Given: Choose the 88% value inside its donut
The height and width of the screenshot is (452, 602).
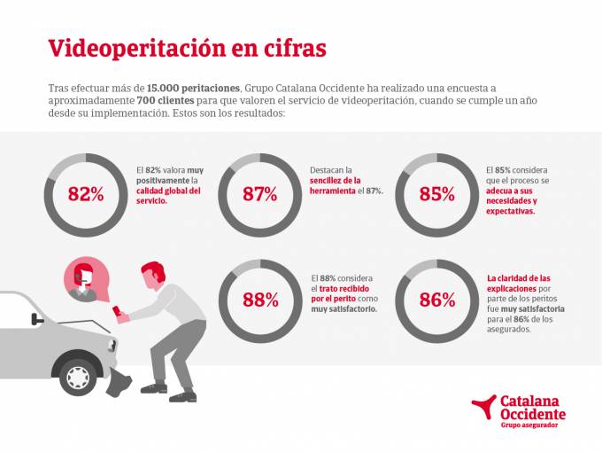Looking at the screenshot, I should [x=259, y=300].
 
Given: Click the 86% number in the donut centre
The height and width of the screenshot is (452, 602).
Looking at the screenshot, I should [x=436, y=300].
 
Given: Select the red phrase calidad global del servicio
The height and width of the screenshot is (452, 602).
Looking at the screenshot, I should [x=169, y=195].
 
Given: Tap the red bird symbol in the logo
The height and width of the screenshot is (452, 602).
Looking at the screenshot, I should [x=484, y=406].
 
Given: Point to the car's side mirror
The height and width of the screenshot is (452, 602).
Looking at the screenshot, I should [x=35, y=318].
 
